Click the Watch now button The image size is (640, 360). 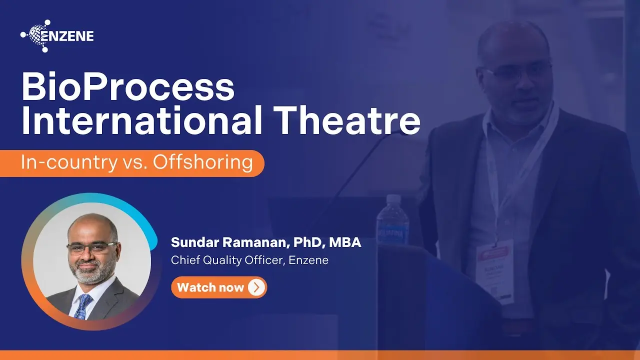click(218, 287)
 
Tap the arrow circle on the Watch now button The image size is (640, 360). click(256, 287)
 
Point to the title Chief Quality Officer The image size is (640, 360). click(228, 260)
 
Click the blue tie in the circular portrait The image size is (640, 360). click(82, 304)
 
